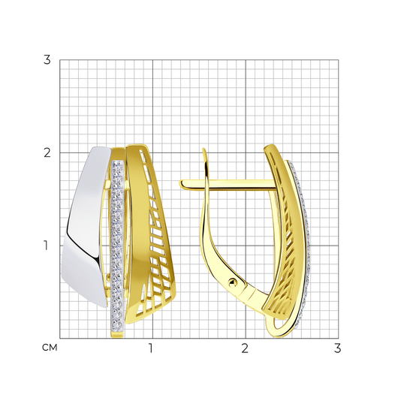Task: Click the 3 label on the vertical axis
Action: pos(47,60)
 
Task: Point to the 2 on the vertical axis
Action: pos(47,152)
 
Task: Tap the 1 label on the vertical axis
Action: pos(46,246)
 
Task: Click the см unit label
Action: pos(50,348)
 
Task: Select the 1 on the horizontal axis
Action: pos(151,348)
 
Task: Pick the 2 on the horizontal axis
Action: pos(245,348)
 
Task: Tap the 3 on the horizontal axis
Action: pos(337,348)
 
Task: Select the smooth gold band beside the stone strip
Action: pos(139,228)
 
